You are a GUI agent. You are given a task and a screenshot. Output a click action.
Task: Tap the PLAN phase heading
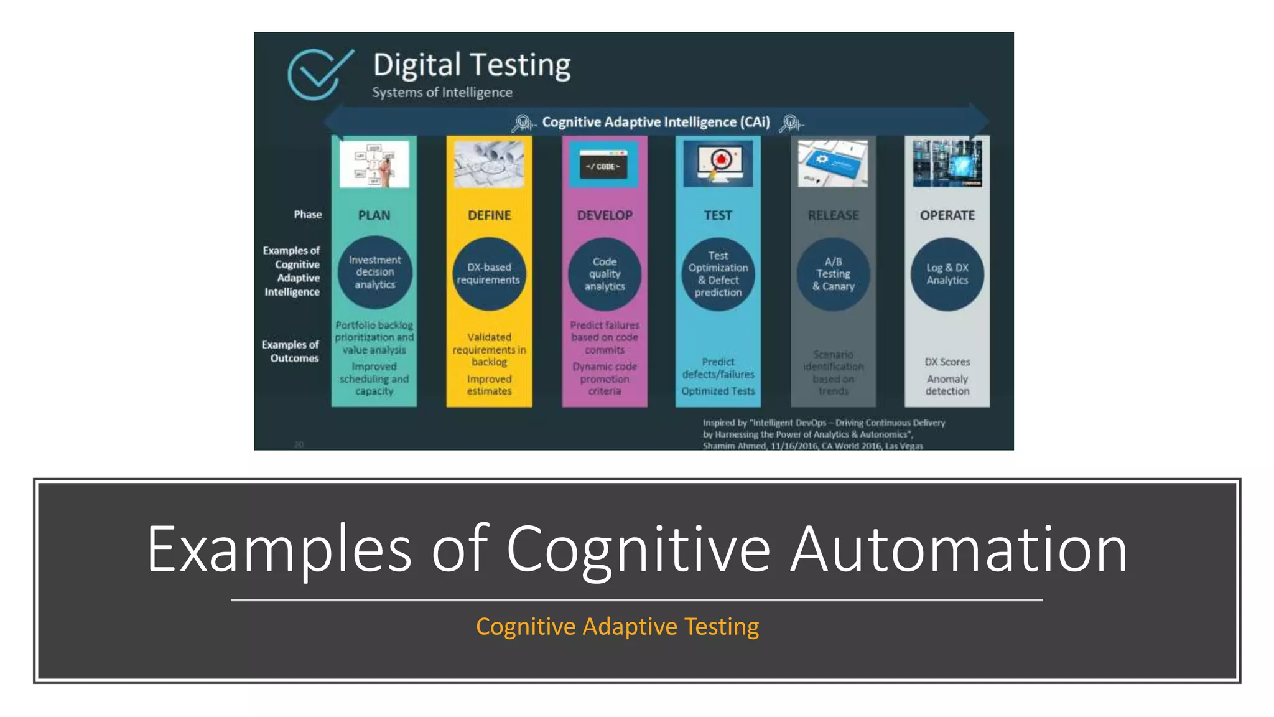point(374,215)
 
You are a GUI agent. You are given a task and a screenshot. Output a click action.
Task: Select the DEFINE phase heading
point(490,215)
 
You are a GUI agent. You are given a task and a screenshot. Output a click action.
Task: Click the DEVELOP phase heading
point(605,215)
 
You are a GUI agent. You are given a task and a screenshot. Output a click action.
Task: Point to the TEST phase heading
point(718,215)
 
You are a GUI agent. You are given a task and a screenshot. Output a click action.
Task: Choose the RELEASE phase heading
point(833,215)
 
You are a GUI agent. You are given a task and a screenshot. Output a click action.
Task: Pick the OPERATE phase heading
point(947,215)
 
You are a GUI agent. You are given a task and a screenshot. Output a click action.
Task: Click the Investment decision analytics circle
point(374,272)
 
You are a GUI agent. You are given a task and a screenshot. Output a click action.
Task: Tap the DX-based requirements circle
point(489,274)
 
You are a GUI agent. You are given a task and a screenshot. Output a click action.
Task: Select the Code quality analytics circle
point(605,274)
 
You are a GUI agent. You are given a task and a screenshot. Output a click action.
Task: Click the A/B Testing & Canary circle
point(833,274)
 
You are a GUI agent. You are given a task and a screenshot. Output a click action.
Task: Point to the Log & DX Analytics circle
point(947,274)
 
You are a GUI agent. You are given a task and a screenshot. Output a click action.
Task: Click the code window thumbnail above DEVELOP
point(603,166)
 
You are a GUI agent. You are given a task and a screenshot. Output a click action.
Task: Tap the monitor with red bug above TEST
point(718,163)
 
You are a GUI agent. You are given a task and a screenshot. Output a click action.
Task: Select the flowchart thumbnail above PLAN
point(374,164)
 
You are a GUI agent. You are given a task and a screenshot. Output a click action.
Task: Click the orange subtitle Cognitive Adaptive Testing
point(617,626)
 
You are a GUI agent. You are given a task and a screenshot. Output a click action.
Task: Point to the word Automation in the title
point(958,549)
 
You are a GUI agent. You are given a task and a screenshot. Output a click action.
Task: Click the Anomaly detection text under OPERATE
point(947,385)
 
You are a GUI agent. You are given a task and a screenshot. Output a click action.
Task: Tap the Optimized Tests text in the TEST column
point(718,391)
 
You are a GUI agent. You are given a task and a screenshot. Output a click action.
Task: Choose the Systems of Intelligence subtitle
point(442,92)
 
